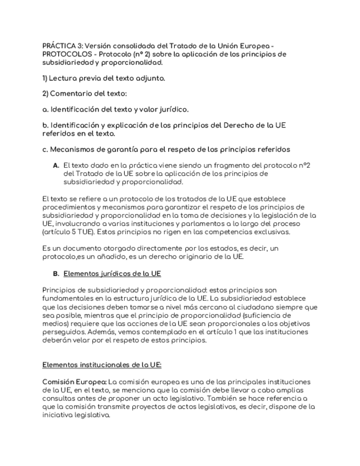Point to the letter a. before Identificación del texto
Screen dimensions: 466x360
click(x=46, y=109)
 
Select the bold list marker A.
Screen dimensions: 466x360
click(x=56, y=165)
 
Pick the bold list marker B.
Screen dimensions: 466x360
click(x=56, y=273)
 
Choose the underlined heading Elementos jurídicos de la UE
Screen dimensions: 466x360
click(x=112, y=273)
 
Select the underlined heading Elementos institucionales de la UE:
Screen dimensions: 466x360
click(x=102, y=364)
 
